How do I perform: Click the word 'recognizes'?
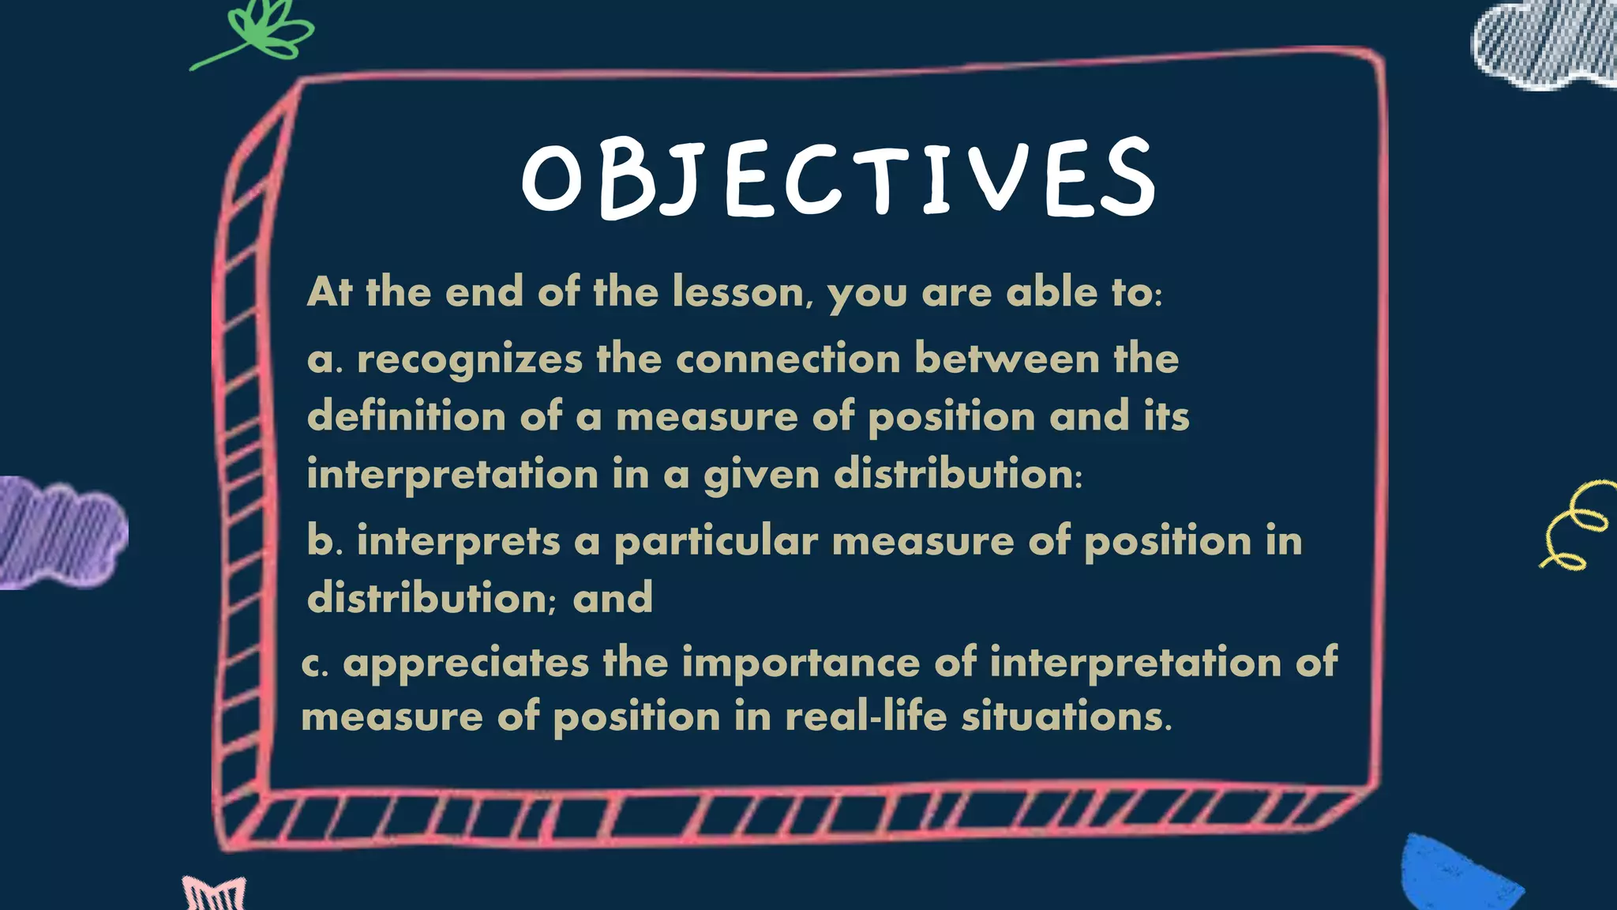click(470, 360)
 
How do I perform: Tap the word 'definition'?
click(407, 416)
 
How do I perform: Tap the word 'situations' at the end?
click(1066, 716)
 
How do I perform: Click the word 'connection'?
click(788, 360)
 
